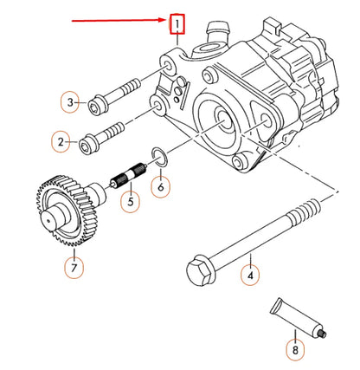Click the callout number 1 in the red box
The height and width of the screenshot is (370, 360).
coord(176,21)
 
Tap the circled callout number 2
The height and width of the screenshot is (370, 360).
coord(61,140)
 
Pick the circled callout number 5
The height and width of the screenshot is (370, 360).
coord(129,204)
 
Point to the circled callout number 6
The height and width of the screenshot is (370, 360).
coord(160,185)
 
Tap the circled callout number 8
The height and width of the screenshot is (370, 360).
coord(296,351)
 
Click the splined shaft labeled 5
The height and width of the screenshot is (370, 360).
coord(128,180)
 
